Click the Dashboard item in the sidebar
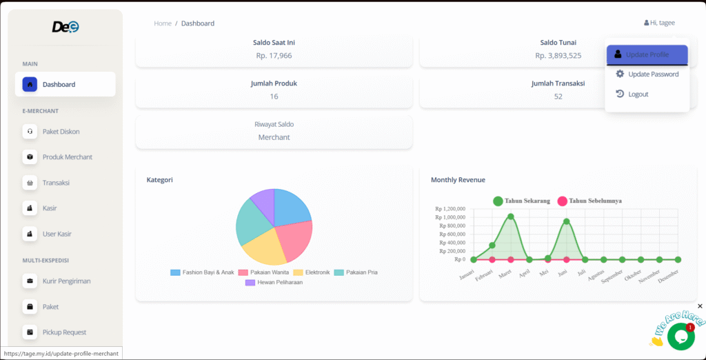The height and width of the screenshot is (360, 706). coord(65,84)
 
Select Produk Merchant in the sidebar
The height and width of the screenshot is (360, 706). coord(67,157)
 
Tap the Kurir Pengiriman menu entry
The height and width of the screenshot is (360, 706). coord(66,281)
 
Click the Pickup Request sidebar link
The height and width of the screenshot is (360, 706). coord(64,332)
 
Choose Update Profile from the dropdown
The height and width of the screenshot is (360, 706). coord(647,54)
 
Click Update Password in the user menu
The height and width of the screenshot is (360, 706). coord(652,74)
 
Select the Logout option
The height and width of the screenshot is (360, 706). coord(638,94)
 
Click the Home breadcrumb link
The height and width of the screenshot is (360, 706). coord(163,23)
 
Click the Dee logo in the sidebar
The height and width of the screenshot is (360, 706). coord(65,27)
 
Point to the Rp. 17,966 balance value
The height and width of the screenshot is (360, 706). coord(274,55)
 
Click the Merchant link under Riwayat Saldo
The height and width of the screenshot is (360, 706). coord(274,137)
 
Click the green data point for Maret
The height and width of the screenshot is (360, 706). coord(510,217)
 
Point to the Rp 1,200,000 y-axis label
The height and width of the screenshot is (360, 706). coord(450,208)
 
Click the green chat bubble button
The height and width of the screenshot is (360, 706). coord(680,337)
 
